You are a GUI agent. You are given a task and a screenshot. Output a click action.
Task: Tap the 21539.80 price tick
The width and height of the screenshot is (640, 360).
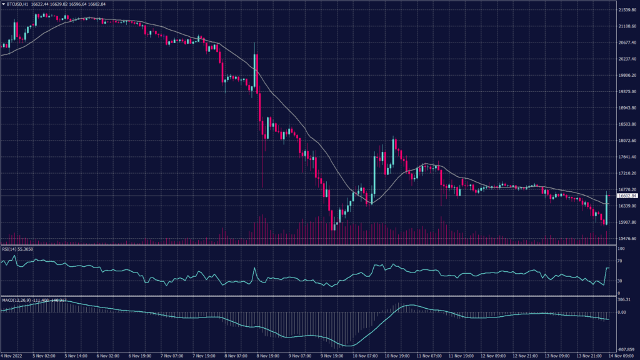(x=626, y=11)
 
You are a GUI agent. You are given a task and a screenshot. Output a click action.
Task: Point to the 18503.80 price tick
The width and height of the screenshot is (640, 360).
(x=626, y=124)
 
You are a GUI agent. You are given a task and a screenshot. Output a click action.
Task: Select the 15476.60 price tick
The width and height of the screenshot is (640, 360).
(x=626, y=239)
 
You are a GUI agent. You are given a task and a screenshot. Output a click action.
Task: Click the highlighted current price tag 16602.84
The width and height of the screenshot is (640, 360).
(x=627, y=196)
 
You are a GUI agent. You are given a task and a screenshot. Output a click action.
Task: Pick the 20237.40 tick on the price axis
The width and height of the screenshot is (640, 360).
(x=626, y=59)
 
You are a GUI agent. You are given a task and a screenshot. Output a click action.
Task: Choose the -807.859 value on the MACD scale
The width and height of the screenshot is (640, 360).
(x=626, y=349)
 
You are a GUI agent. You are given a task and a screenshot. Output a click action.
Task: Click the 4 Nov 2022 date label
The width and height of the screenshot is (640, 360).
(x=12, y=356)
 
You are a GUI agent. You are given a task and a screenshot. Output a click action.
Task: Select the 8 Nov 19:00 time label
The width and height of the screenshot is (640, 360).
(x=267, y=356)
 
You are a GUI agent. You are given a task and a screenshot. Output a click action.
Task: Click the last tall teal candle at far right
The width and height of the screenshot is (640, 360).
(x=607, y=207)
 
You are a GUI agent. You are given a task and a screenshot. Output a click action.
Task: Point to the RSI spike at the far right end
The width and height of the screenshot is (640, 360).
(x=607, y=268)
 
